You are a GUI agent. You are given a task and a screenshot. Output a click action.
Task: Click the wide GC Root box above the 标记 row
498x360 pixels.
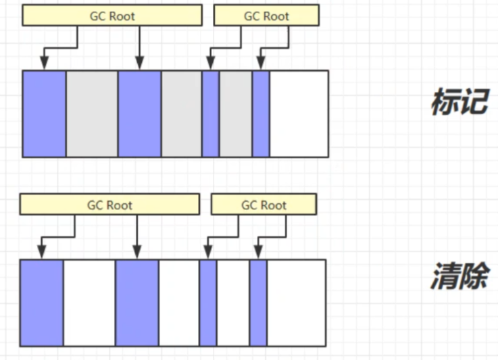coord(111,16)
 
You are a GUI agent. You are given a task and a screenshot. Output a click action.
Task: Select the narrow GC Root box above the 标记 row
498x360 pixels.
coord(266,16)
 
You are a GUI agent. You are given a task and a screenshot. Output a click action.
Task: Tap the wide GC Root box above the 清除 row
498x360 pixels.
coord(109,204)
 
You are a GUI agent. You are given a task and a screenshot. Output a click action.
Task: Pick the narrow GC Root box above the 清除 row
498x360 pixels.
coord(264,204)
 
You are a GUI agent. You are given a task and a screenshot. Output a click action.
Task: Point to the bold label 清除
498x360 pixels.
coord(459,276)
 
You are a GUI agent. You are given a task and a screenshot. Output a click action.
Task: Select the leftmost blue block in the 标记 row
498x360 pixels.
coord(44,113)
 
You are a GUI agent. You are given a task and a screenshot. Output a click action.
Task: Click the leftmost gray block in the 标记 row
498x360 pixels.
coord(92,113)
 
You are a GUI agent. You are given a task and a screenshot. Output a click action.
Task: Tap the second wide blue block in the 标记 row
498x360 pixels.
coord(139,113)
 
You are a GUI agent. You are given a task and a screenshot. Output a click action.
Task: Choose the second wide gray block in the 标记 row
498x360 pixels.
coord(181,113)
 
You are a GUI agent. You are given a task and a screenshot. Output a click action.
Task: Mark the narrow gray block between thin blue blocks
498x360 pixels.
coord(235,113)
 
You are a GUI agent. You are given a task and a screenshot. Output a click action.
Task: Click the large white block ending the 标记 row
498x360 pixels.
coord(299,113)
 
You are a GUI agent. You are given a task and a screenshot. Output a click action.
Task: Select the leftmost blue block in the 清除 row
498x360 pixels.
coord(41,303)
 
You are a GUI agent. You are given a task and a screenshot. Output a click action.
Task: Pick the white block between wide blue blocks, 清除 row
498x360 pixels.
coord(89,303)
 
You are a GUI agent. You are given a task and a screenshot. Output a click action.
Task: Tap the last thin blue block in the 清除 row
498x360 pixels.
coord(258,303)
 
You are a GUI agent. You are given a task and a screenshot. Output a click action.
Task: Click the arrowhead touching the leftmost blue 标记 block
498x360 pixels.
coord(44,65)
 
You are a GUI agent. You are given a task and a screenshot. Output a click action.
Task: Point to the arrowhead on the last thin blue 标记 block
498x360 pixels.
coord(260,65)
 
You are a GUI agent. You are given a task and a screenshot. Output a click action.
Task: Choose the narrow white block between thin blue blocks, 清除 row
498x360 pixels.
coord(233,303)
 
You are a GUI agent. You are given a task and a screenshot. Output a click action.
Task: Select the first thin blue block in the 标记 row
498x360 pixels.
coord(210,113)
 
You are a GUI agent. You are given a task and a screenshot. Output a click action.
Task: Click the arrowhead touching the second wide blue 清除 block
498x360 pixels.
coord(136,254)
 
